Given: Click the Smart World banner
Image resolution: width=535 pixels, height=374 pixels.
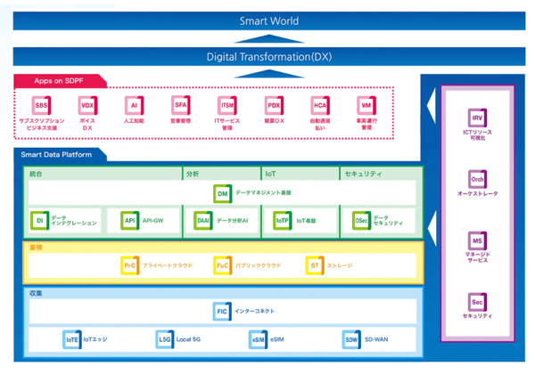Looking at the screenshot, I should [268, 20].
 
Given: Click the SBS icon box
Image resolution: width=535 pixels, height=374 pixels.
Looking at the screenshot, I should [42, 105].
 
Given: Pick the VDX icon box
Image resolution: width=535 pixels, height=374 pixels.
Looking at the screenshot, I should [87, 105].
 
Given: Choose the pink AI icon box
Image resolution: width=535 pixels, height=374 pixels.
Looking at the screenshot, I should [134, 105].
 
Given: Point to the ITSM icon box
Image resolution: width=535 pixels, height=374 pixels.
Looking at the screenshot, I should [227, 105].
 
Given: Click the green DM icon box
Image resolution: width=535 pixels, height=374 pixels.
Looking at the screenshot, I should [223, 192].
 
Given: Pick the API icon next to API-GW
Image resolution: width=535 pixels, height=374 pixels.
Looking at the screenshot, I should [129, 220].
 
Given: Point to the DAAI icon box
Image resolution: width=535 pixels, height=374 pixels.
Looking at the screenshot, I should [202, 220].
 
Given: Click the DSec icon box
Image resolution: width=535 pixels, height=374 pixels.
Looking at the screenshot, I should [361, 220].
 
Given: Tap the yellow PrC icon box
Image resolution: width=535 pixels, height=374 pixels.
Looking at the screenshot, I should [130, 264].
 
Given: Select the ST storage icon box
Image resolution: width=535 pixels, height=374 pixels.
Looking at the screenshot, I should [314, 264].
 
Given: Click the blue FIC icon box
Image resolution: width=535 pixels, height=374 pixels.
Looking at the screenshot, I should [222, 311].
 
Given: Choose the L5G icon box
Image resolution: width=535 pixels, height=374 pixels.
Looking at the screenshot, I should [164, 339].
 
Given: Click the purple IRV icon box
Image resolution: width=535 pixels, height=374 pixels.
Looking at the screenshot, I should [478, 117].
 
